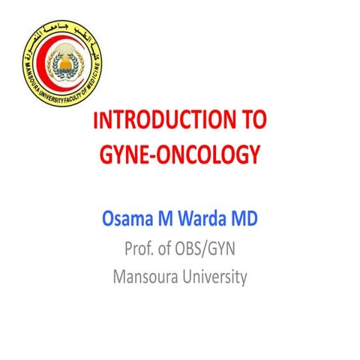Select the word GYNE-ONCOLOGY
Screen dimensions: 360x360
coord(180,154)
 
